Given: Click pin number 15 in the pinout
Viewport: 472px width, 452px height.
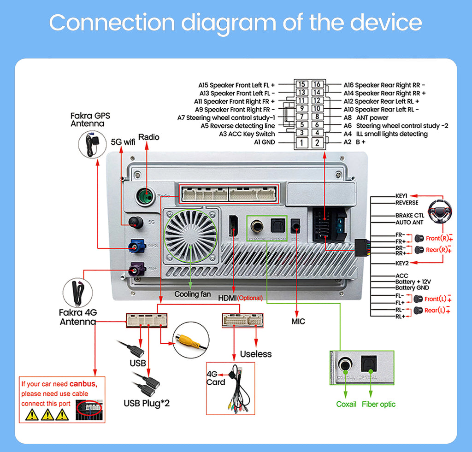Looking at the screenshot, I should (x=301, y=84).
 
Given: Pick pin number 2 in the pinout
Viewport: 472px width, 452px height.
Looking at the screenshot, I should (x=317, y=142).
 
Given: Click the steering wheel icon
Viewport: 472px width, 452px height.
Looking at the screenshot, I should (x=441, y=212).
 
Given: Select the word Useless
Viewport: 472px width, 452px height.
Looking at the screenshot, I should (x=256, y=354).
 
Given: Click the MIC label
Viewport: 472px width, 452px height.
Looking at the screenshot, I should (x=298, y=321).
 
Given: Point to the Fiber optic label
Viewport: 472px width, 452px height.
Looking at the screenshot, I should (x=378, y=404).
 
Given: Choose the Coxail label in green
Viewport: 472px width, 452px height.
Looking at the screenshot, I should (x=346, y=404).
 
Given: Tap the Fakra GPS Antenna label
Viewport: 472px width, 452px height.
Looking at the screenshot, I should (x=90, y=120).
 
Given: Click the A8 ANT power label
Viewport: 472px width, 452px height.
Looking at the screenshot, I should (x=366, y=117).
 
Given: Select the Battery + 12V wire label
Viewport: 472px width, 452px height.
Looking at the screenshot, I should (x=413, y=282).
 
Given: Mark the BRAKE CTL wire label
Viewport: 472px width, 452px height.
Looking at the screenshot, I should (x=410, y=215).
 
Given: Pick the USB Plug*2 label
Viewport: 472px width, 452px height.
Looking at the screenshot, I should (x=147, y=403).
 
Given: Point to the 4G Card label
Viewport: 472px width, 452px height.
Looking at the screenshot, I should (x=216, y=378).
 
